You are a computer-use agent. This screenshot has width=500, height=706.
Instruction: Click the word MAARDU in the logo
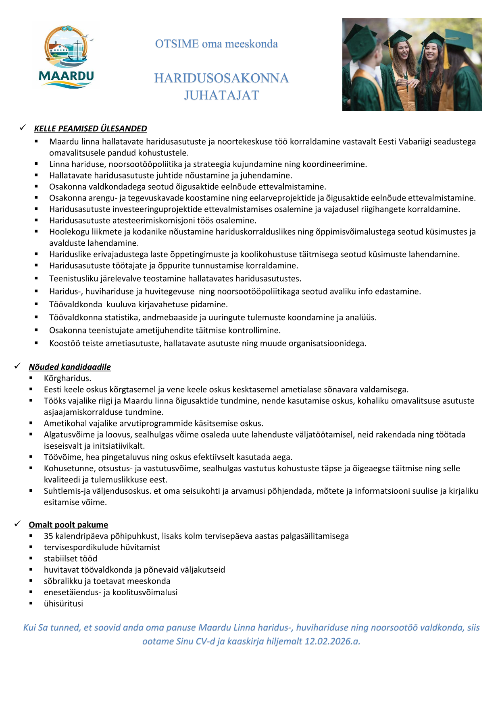[66, 76]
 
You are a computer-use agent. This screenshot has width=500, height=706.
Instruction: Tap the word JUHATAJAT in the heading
[221, 95]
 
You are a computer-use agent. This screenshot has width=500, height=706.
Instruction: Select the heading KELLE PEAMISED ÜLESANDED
[90, 128]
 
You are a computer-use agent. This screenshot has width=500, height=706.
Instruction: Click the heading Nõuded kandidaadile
[70, 367]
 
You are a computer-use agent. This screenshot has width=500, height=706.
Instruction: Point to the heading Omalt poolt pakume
[68, 525]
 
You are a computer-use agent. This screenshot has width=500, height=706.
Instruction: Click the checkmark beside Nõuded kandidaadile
[17, 366]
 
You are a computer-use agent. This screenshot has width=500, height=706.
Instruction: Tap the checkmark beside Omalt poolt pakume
[17, 524]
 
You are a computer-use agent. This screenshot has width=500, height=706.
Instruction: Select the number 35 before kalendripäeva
[48, 536]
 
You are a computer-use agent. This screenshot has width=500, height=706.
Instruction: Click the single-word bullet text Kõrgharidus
[67, 378]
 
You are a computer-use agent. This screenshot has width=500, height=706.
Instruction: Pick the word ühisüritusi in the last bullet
[63, 604]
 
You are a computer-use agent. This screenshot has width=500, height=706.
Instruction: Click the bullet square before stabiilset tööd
[31, 559]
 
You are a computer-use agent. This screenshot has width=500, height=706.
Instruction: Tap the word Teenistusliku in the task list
[75, 279]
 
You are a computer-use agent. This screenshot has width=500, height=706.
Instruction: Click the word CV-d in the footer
[205, 641]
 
